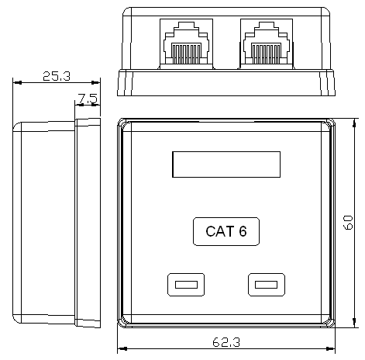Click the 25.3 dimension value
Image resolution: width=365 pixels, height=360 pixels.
pyautogui.click(x=57, y=76)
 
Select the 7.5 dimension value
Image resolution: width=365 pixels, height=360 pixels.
pyautogui.click(x=88, y=99)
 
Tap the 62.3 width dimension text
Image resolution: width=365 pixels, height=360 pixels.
pyautogui.click(x=226, y=342)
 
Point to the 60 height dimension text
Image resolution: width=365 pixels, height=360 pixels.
pyautogui.click(x=348, y=222)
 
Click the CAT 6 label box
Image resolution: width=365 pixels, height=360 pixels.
pyautogui.click(x=226, y=231)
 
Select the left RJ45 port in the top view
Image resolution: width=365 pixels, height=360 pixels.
pyautogui.click(x=186, y=44)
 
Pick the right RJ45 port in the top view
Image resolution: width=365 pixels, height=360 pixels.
pyautogui.click(x=267, y=44)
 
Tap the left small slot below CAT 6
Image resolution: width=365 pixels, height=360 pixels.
pyautogui.click(x=186, y=285)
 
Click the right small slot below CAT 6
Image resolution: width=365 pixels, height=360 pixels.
pyautogui.click(x=267, y=285)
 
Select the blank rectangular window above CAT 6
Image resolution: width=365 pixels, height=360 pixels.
pyautogui.click(x=226, y=164)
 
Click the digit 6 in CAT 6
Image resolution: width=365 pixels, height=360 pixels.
pyautogui.click(x=243, y=231)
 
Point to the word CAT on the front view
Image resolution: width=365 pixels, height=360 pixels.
pyautogui.click(x=220, y=231)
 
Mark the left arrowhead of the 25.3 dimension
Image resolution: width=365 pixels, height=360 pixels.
pyautogui.click(x=17, y=82)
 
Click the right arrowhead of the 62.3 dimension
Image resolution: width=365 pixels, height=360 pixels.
pyautogui.click(x=331, y=348)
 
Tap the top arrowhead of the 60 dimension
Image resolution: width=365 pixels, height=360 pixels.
pyautogui.click(x=354, y=123)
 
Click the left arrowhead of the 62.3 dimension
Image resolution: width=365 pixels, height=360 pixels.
pyautogui.click(x=122, y=348)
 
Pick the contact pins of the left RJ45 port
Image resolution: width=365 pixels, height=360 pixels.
pyautogui.click(x=186, y=54)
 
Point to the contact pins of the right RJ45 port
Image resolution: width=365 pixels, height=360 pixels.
pyautogui.click(x=266, y=54)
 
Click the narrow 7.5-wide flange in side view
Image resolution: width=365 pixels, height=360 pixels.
pyautogui.click(x=88, y=223)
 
